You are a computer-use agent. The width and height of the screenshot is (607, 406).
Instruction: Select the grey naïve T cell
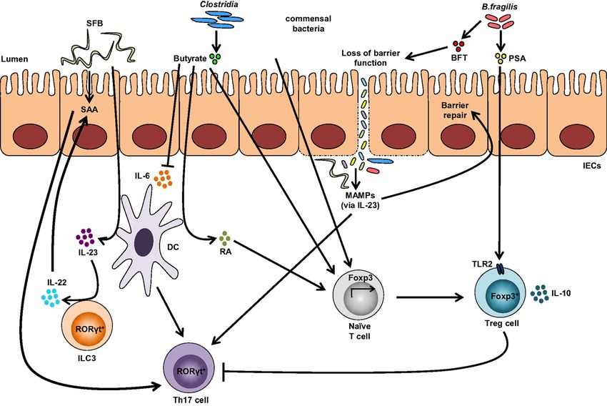[x=359, y=296]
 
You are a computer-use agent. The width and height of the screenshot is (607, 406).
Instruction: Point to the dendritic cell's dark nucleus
[x=144, y=242]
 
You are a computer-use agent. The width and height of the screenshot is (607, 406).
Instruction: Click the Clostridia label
[x=219, y=5]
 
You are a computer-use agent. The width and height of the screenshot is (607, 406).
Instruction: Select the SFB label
[x=95, y=24]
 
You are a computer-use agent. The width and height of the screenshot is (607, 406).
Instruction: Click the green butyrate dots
[x=216, y=59]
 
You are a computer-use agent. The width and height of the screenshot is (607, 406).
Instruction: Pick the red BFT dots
[x=458, y=46]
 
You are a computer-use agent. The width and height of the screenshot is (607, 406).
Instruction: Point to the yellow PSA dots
[x=501, y=58]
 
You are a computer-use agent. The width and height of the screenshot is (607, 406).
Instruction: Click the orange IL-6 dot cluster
[x=163, y=179]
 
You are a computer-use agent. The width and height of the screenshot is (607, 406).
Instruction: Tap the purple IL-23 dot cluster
[x=85, y=237]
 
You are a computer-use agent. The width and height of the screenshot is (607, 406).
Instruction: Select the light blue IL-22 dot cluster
[x=50, y=297]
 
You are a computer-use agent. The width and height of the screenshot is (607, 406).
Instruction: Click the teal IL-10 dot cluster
[x=539, y=294]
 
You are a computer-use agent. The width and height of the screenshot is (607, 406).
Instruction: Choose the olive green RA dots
[x=224, y=237]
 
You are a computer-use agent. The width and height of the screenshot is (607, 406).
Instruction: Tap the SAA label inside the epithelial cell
[x=89, y=109]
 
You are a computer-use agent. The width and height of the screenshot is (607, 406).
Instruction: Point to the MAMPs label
[x=360, y=196]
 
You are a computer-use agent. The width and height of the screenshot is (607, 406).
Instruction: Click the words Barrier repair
[x=455, y=110]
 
